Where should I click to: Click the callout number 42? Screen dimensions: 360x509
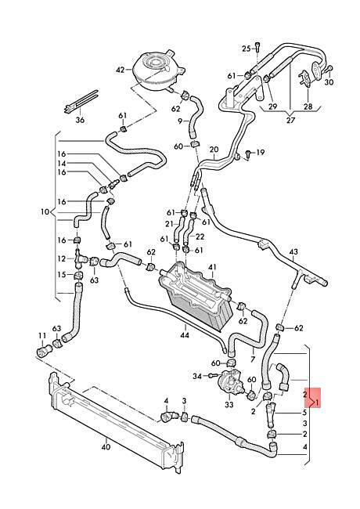(x=121, y=70)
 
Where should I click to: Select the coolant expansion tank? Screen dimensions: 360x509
(x=158, y=70)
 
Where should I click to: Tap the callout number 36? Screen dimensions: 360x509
(x=80, y=120)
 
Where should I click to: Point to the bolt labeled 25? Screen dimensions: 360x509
(x=257, y=48)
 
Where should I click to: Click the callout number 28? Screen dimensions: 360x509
(x=308, y=106)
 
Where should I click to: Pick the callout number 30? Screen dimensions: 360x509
(x=329, y=82)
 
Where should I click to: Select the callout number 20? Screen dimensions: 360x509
(x=214, y=150)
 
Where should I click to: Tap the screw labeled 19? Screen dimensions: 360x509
(x=247, y=153)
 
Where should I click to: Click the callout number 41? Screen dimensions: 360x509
(x=212, y=267)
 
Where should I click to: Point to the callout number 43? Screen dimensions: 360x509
(x=293, y=252)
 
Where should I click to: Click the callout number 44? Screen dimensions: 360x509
(x=185, y=334)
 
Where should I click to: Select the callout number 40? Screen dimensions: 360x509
(x=106, y=447)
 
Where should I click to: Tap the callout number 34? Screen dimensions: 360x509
(x=197, y=376)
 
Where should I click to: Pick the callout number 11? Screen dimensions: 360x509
(x=42, y=335)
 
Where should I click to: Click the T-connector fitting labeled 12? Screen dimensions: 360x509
(x=80, y=258)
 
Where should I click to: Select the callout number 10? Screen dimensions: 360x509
(x=45, y=212)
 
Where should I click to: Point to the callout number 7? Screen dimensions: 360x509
(x=253, y=359)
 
